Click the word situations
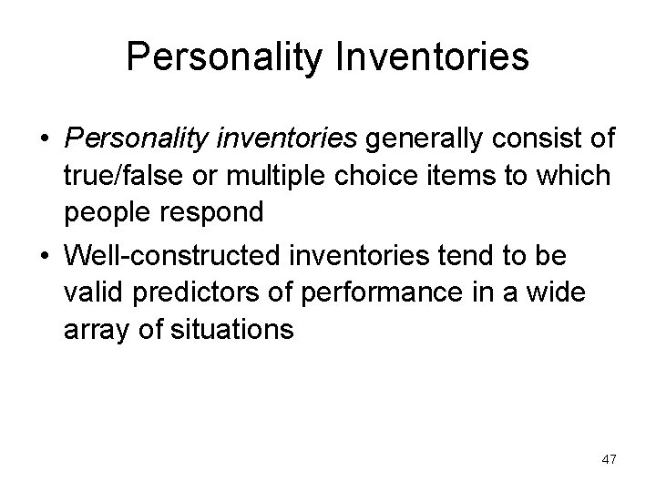coord(232,327)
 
